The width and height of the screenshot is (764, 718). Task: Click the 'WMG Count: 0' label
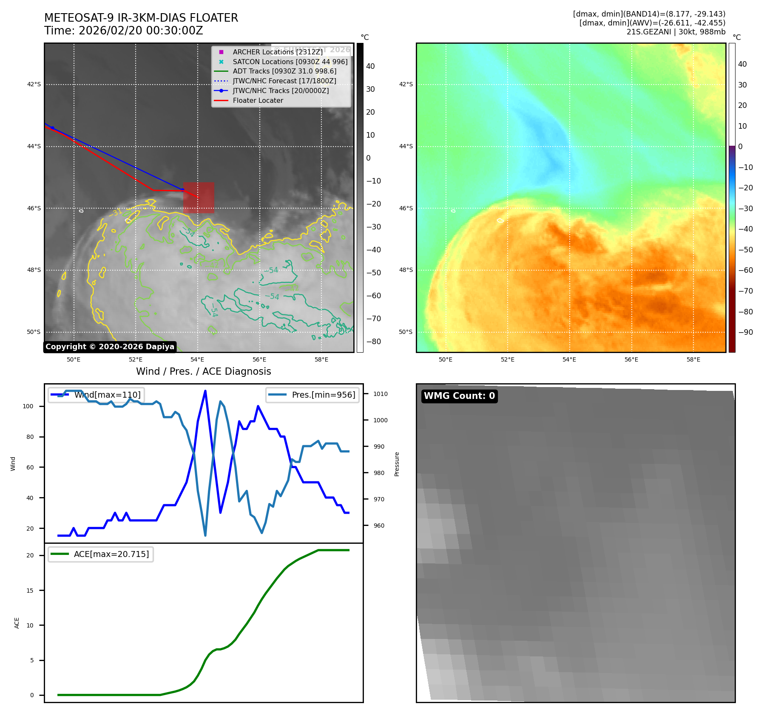[459, 396]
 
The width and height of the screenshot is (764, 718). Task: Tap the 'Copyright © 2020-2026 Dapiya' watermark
[110, 347]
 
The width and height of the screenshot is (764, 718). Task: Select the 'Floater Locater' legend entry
[258, 101]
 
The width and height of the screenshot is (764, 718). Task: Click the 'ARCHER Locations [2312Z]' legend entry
[278, 52]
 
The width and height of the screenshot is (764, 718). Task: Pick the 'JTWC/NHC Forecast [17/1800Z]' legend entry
[284, 81]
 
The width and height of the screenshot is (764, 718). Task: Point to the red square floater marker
[199, 198]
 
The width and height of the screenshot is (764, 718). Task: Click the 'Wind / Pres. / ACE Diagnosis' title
[203, 371]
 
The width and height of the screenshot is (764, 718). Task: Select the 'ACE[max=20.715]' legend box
[101, 554]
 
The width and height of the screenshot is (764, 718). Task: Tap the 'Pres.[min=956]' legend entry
[312, 395]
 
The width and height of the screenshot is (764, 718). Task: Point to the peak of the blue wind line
[205, 391]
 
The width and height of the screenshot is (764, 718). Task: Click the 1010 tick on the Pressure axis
[381, 394]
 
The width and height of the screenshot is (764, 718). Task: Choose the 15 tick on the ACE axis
[30, 591]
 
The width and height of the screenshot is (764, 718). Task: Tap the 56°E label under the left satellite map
[259, 359]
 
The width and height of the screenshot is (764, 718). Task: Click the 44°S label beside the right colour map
[406, 147]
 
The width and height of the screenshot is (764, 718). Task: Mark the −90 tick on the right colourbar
[745, 332]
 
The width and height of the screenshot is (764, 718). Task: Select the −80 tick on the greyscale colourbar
[374, 342]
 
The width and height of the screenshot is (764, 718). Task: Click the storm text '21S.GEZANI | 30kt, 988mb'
[676, 32]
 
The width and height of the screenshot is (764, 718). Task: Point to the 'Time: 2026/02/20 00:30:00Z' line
[124, 31]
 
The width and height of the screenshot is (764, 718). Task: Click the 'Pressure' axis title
[397, 464]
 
